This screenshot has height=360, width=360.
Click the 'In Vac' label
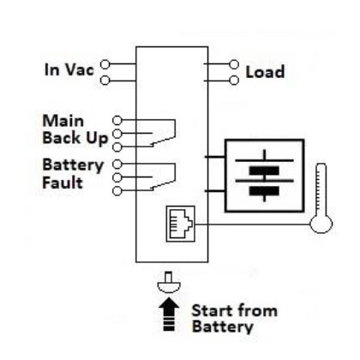point(69,69)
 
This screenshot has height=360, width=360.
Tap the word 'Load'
point(265,72)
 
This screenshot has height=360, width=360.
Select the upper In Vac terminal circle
point(105,64)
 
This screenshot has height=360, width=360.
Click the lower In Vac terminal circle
point(105,81)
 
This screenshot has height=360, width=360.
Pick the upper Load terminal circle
point(234,64)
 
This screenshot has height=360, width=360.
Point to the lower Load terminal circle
point(234,81)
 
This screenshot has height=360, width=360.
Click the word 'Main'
point(63,121)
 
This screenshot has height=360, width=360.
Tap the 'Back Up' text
point(75,139)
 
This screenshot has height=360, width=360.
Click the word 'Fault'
point(63,183)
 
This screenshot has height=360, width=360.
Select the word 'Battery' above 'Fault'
point(73,165)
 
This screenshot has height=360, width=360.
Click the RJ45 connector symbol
point(181,224)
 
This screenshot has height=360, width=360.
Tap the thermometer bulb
point(321,224)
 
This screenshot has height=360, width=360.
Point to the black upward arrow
point(169,315)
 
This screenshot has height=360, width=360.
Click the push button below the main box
point(169,283)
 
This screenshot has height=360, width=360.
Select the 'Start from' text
point(235,310)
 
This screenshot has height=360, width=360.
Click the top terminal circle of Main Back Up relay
point(117,121)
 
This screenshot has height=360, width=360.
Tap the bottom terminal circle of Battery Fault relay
point(117,191)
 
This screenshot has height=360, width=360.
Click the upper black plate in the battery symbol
point(264,171)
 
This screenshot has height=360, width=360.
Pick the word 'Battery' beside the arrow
point(223,327)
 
